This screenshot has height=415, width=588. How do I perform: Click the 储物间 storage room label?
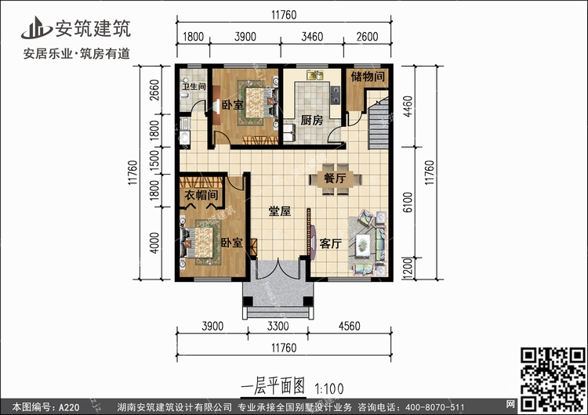[x=368, y=77]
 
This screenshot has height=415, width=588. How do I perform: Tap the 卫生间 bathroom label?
[x=194, y=86]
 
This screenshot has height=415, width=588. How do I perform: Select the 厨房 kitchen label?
[x=311, y=121]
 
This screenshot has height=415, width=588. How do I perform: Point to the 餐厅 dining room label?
[x=335, y=179]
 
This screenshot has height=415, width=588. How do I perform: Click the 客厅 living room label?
[x=330, y=244]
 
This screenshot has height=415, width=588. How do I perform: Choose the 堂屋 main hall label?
[x=280, y=211]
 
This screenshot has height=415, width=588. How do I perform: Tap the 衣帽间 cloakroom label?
[x=201, y=195]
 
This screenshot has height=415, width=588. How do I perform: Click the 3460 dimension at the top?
[x=312, y=37]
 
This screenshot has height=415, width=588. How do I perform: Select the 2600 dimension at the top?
[x=367, y=37]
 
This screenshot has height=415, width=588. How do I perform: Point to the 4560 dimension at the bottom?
[x=349, y=327]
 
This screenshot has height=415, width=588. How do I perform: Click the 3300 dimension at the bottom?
[x=278, y=327]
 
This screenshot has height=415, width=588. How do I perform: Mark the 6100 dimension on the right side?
[x=408, y=202]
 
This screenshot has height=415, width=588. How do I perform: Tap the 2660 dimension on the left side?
[x=154, y=90]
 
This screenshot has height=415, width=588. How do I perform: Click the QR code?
[x=553, y=380]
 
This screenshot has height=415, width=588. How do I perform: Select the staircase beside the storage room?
[x=378, y=122]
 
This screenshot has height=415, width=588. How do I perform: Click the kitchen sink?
[x=315, y=75]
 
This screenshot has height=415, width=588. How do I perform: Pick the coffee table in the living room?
[x=363, y=245]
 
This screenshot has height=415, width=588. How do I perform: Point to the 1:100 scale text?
[x=328, y=389]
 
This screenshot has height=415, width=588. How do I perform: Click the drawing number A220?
[x=69, y=407]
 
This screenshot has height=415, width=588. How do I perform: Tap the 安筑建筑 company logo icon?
[x=36, y=28]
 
